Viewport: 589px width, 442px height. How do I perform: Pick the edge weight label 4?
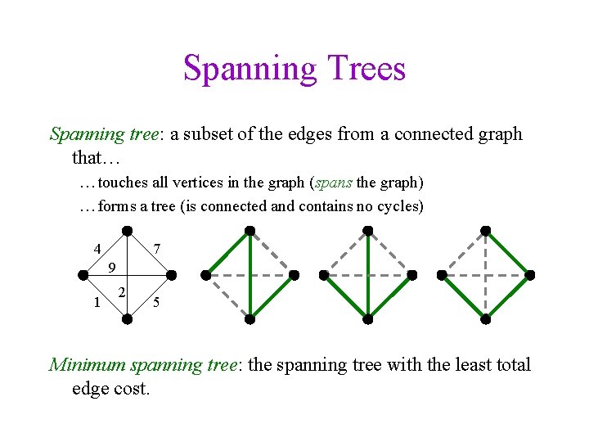(97, 248)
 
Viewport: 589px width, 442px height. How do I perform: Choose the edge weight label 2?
(122, 292)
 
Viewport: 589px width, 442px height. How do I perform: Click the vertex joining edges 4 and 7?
(127, 230)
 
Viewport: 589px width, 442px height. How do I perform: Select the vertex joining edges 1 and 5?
(127, 319)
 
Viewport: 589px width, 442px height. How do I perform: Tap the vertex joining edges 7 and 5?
(172, 275)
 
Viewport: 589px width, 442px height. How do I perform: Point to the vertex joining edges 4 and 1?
(83, 275)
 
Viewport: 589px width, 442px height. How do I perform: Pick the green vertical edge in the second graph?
(250, 274)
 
